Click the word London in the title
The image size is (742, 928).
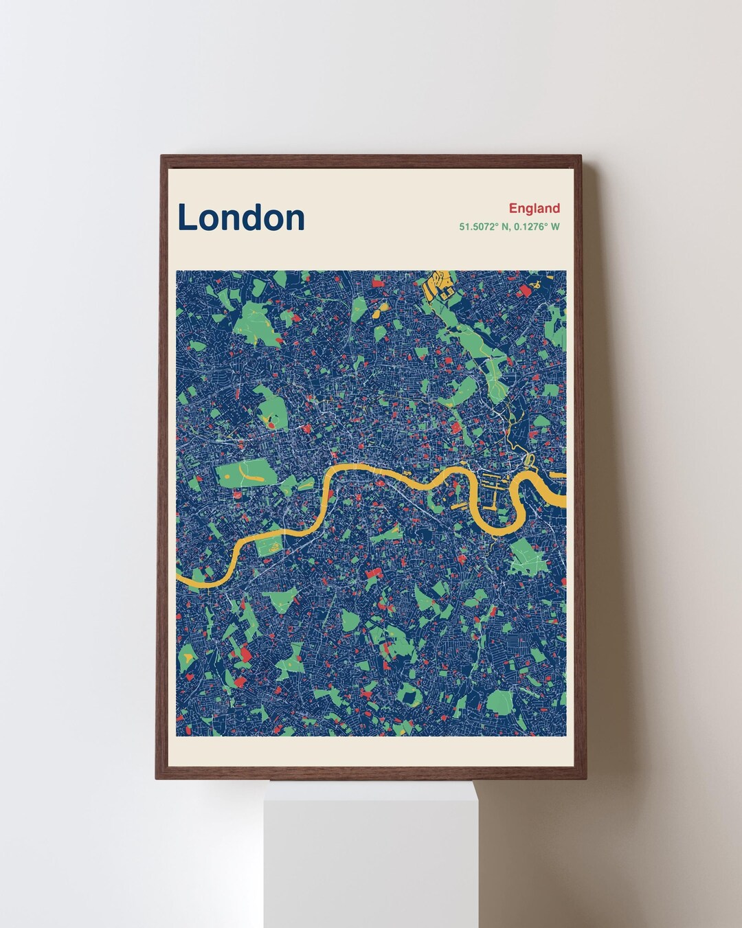(241, 217)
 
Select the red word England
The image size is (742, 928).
(534, 208)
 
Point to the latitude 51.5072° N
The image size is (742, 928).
(483, 226)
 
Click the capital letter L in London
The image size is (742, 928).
(187, 217)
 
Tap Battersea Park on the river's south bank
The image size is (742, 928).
(269, 547)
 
